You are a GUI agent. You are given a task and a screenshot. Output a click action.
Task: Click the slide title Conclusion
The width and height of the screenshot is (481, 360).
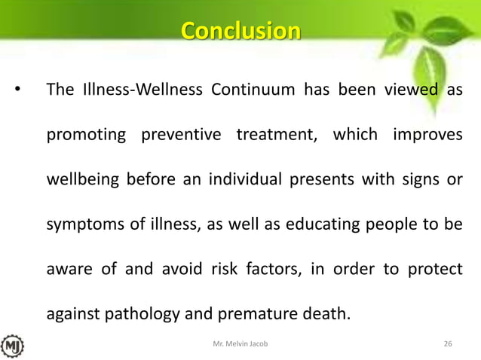click(240, 32)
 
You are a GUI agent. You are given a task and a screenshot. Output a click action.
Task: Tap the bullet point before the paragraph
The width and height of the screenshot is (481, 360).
click(17, 92)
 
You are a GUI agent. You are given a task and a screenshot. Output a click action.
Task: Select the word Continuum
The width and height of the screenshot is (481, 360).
click(253, 91)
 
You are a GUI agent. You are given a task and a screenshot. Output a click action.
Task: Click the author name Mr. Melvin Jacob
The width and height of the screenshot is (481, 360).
click(240, 344)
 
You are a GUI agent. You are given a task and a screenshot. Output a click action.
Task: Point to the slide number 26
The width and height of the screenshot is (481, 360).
click(448, 344)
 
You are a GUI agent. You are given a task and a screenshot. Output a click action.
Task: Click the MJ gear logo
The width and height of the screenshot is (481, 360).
click(12, 346)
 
